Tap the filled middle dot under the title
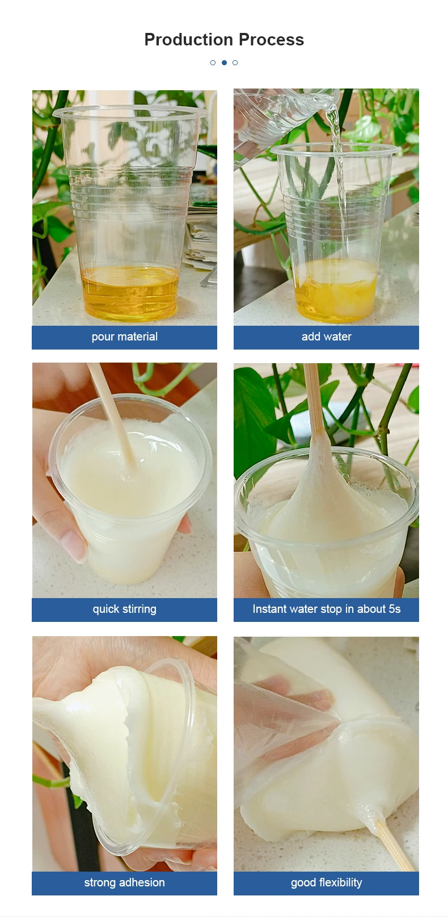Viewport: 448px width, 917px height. [x=224, y=62]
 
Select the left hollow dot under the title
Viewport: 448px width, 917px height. [x=213, y=62]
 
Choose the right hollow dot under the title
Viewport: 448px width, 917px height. [x=235, y=62]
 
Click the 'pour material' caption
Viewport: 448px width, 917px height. [x=124, y=337]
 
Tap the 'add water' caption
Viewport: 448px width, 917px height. [x=326, y=337]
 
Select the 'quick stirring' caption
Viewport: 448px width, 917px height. [x=124, y=609]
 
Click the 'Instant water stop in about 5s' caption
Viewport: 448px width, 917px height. [x=326, y=609]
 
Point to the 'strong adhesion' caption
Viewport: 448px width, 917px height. [x=124, y=883]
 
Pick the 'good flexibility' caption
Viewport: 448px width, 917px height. [x=326, y=883]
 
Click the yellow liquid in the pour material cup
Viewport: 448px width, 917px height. [x=130, y=292]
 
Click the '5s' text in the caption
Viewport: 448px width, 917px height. [x=395, y=609]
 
